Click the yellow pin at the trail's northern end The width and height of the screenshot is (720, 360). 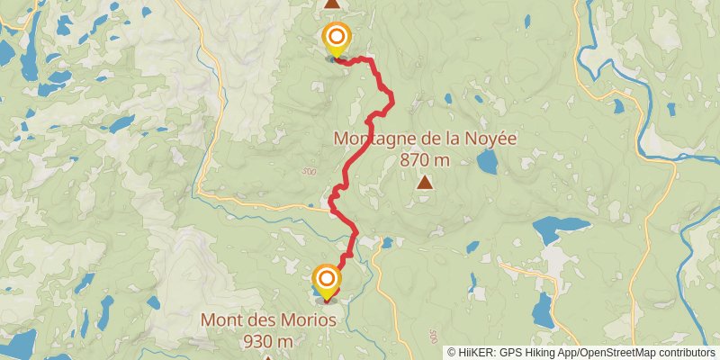[336, 38]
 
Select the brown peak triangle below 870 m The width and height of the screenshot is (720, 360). [424, 183]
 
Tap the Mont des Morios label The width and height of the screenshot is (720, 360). [268, 319]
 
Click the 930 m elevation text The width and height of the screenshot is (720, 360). [268, 341]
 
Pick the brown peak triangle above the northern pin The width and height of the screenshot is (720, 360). [332, 4]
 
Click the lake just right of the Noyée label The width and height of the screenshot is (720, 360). [487, 162]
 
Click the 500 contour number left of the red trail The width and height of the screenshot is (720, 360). [310, 172]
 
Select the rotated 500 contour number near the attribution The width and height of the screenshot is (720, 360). [435, 335]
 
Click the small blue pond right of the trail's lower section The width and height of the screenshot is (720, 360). [386, 242]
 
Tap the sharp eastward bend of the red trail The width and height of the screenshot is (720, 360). [391, 105]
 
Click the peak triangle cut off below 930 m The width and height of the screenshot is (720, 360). [267, 357]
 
